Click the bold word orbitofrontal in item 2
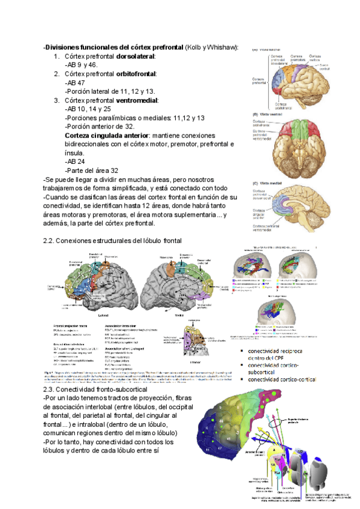pyautogui.click(x=136, y=74)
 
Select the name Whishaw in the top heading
pyautogui.click(x=221, y=47)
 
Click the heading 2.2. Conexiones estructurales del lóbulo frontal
pyautogui.click(x=112, y=241)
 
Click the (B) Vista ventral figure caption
pyautogui.click(x=268, y=113)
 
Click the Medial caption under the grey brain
pyautogui.click(x=179, y=314)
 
